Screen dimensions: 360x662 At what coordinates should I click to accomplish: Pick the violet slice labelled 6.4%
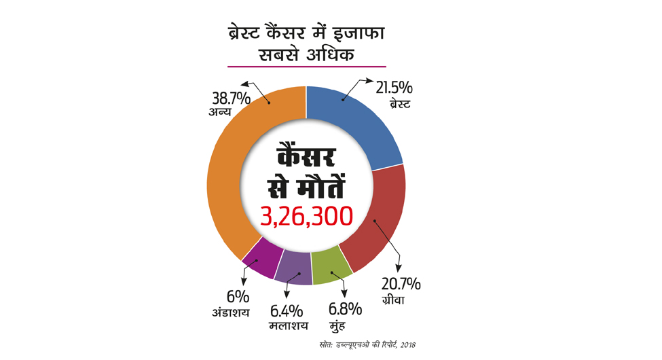[x=293, y=268]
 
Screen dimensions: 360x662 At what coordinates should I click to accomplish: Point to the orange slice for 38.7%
[x=234, y=170]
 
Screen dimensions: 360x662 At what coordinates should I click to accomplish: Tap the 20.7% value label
[x=402, y=283]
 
